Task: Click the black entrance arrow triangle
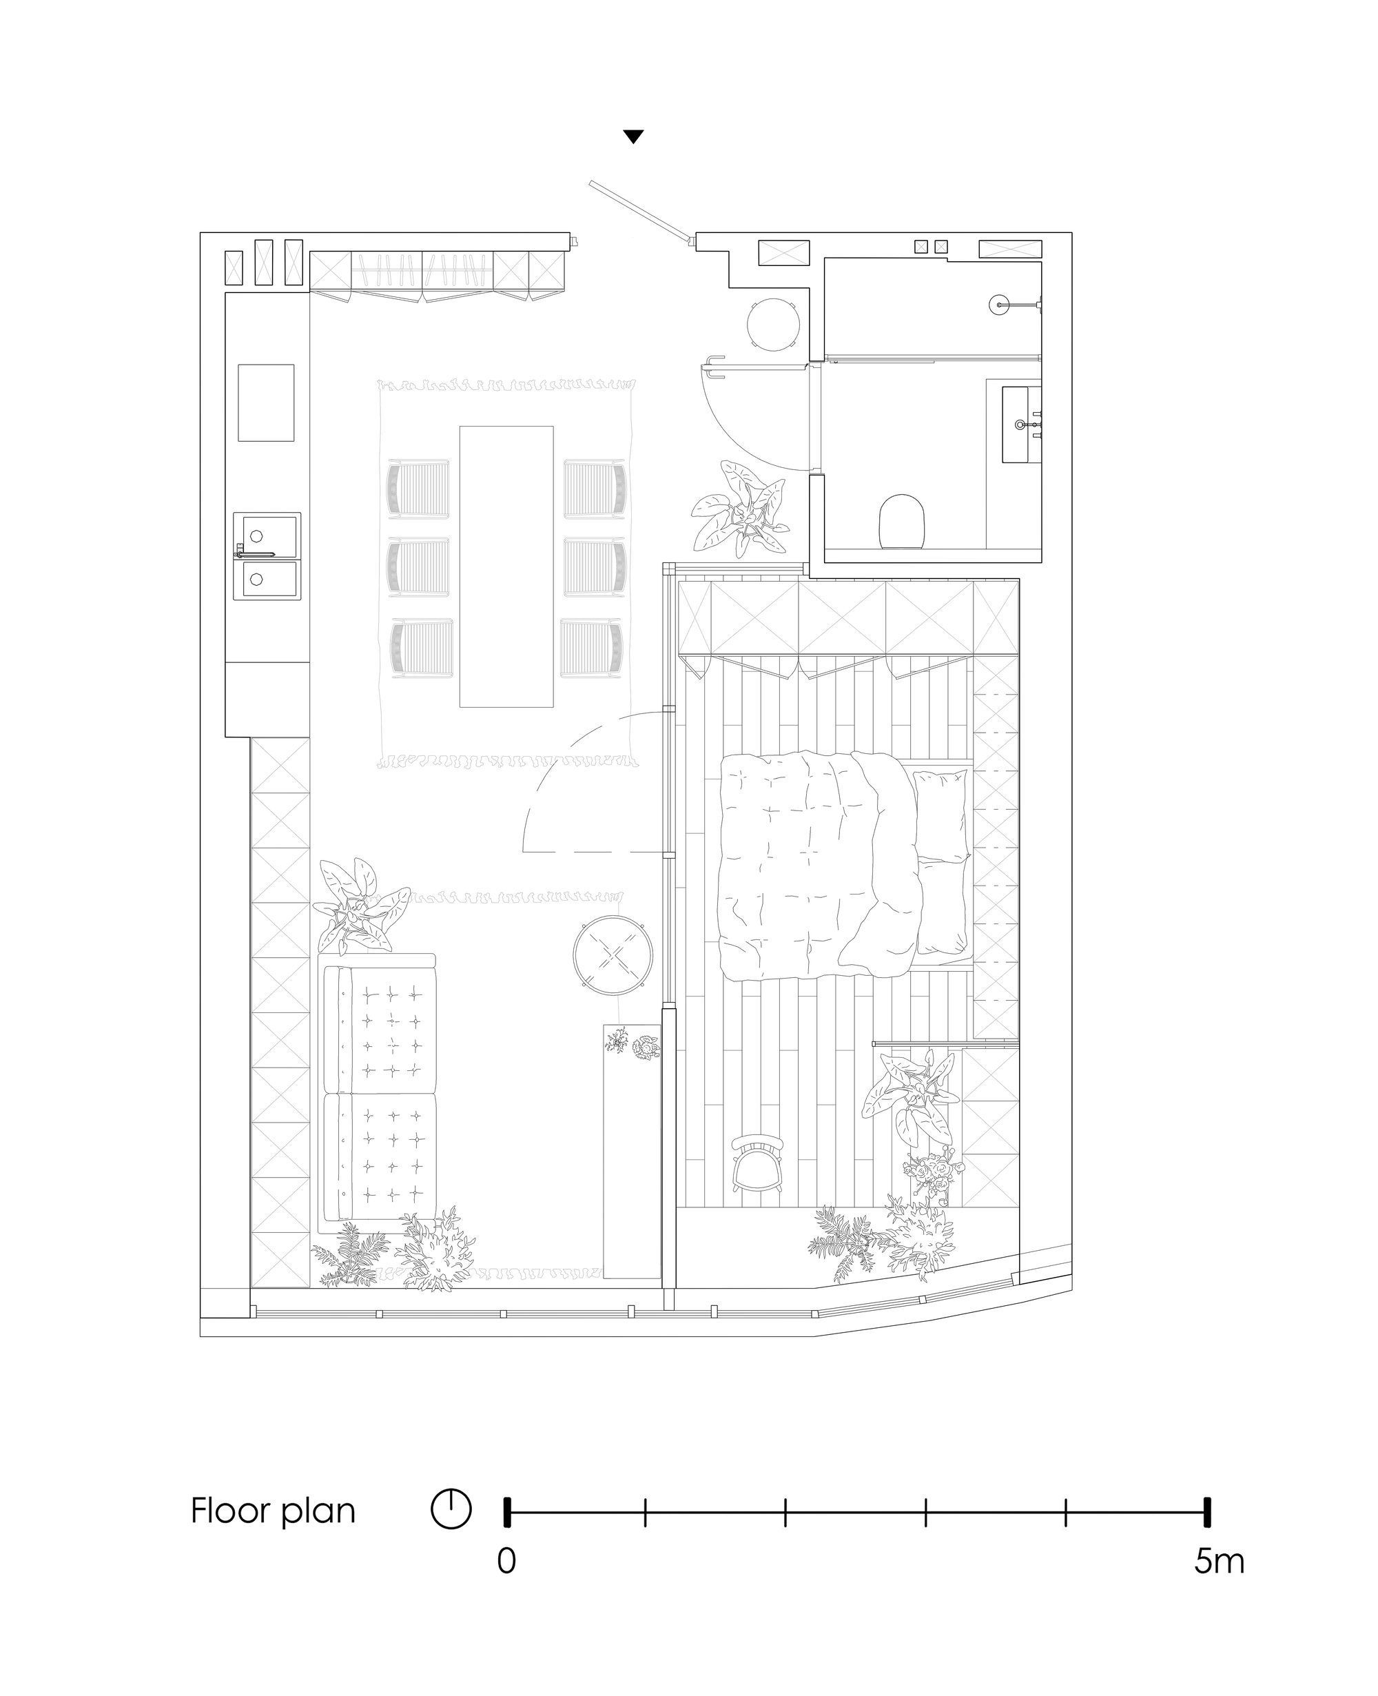click(633, 136)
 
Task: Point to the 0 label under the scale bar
click(506, 1583)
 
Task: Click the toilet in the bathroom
click(903, 521)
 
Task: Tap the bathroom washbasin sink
click(1021, 424)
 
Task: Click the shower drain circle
click(998, 304)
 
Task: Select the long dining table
click(506, 566)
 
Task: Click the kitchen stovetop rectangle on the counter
click(266, 402)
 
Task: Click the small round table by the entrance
click(772, 323)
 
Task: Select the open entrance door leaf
click(637, 210)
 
